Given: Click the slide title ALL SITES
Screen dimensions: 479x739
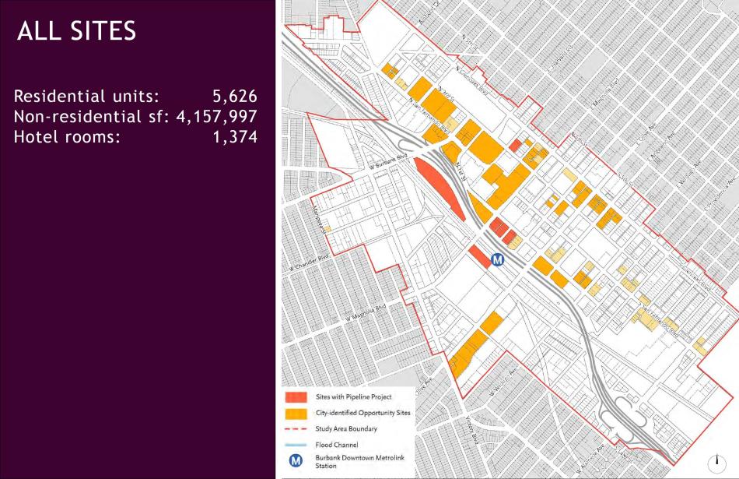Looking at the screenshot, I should pos(76,31).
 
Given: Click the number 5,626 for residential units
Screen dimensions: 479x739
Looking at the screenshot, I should pos(234,97).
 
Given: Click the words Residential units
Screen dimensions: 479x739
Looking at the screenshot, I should pos(86,97).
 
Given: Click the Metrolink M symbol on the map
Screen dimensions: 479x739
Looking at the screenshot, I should pos(499,260).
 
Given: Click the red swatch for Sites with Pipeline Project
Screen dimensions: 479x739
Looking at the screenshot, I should pos(296,397).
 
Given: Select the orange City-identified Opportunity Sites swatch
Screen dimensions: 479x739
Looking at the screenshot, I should pos(296,413).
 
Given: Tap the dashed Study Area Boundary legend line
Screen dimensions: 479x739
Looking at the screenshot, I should pos(296,429).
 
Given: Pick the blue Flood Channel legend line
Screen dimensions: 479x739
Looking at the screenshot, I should pos(296,445).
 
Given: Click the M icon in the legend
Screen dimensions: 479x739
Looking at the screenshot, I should pos(296,461).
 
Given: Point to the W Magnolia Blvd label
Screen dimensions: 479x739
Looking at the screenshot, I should pos(366,313).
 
